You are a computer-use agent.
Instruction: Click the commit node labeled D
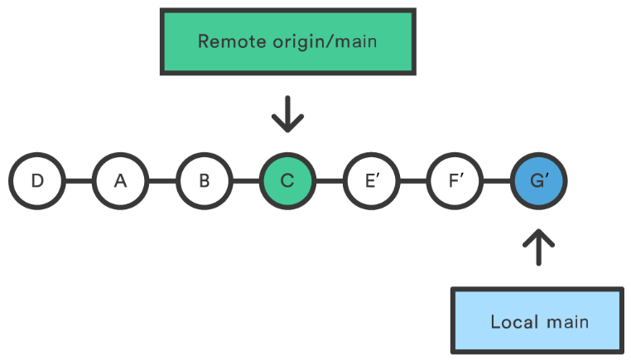37,180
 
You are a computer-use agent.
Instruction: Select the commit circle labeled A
120,180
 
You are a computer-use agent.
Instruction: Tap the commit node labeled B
204,180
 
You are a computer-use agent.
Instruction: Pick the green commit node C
287,180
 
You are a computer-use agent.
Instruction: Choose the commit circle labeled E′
372,180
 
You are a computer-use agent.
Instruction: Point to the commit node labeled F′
455,180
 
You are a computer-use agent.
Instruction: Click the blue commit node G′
539,180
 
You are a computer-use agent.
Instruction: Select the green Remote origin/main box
287,41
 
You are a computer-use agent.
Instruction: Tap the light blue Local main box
538,320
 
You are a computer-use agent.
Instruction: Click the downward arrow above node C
287,114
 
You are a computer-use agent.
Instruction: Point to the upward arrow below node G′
539,247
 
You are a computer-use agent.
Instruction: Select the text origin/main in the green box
318,41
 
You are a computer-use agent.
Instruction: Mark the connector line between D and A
79,180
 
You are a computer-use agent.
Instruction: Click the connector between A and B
162,180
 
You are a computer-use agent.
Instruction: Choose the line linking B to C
246,180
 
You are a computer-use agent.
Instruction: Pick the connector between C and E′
330,180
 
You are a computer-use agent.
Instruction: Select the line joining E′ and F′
413,180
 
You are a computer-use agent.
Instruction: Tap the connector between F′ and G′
497,180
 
